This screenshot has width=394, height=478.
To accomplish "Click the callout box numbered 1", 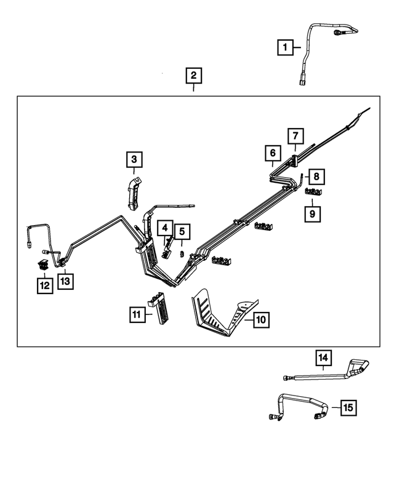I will coord(284,46).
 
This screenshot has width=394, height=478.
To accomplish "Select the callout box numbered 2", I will coord(194,76).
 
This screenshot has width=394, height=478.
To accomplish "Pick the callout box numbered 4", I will coord(165,228).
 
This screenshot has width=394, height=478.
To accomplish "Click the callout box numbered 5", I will coord(182,232).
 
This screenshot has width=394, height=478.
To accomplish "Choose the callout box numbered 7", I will coord(295,135).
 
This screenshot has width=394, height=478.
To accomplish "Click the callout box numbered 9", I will coord(313,213).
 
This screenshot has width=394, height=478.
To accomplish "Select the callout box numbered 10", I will coord(260,320).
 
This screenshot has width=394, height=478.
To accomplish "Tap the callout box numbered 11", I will coord(137,314).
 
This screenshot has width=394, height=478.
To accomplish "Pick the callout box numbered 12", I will coord(44,285).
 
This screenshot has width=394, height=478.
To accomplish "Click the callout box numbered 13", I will coord(65,281).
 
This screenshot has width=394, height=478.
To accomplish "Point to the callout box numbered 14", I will coord(324,357).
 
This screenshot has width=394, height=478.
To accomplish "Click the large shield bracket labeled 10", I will coord(219,314).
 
